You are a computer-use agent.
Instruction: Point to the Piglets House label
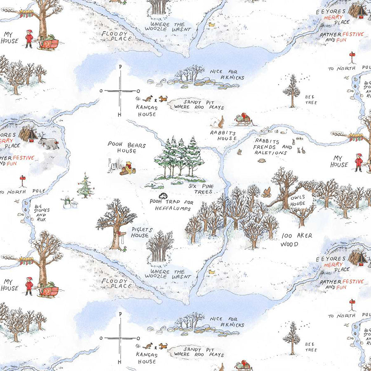point(140,232)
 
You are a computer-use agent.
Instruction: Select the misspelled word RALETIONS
point(271,153)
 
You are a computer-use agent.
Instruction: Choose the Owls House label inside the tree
point(298,200)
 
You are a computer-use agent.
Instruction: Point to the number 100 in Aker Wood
point(287,236)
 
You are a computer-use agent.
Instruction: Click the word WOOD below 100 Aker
point(289,244)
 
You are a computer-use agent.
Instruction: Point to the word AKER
point(304,236)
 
